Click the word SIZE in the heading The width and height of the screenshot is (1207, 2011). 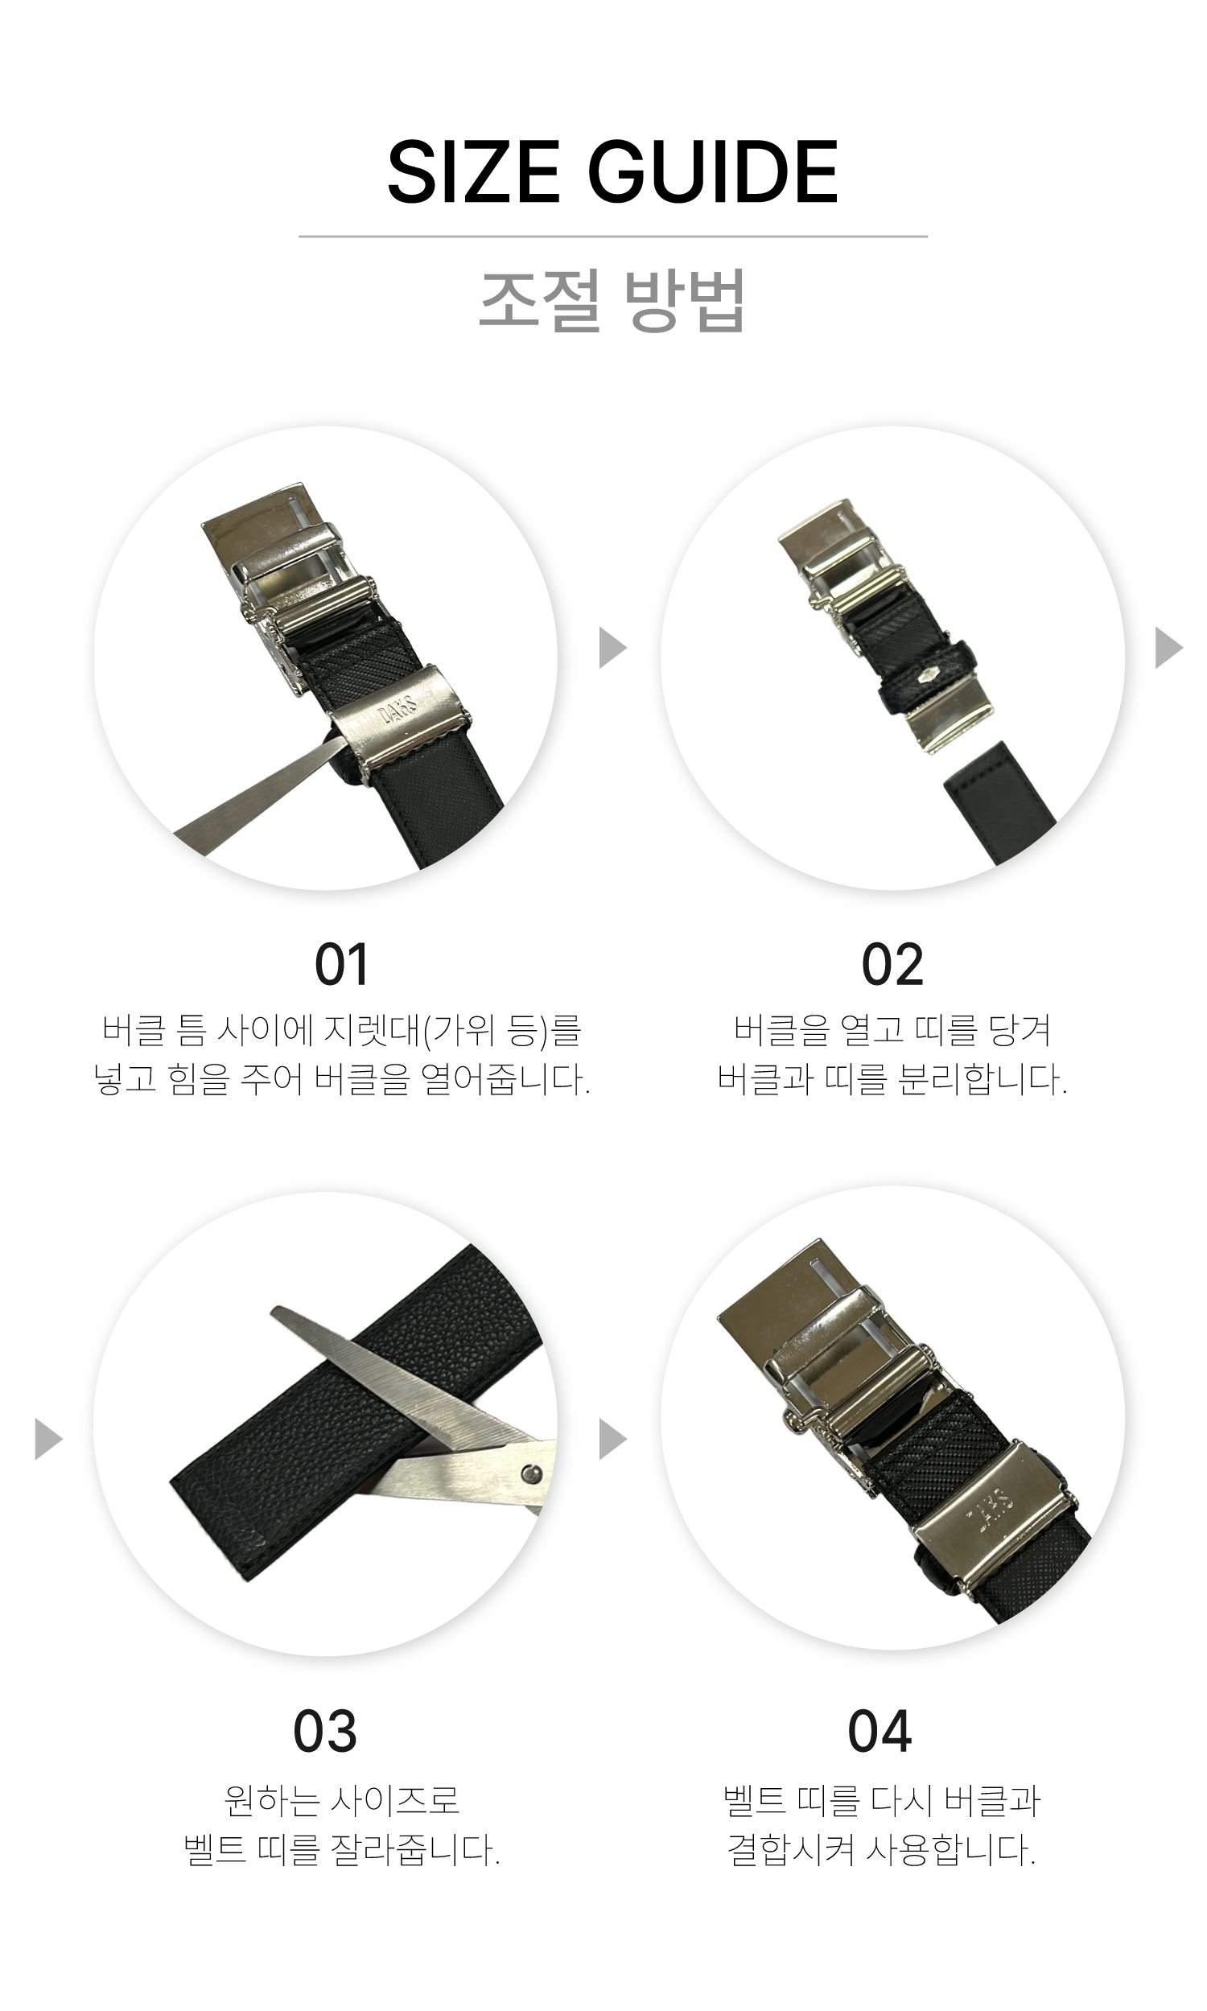(x=472, y=172)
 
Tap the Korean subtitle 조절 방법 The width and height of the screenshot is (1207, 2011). (x=612, y=301)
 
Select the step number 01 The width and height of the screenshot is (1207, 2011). (x=342, y=965)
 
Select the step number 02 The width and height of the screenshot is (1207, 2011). (x=892, y=965)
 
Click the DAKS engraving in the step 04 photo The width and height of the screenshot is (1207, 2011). (x=990, y=1503)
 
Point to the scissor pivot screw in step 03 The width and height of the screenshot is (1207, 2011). (x=532, y=1473)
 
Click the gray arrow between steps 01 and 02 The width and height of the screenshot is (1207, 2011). (x=612, y=647)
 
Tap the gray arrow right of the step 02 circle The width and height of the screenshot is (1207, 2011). (x=1168, y=647)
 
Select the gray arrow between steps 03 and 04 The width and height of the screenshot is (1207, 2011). (x=612, y=1439)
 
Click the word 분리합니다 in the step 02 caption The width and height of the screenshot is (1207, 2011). (x=982, y=1080)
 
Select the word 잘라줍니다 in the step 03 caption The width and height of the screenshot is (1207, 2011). (x=414, y=1850)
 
